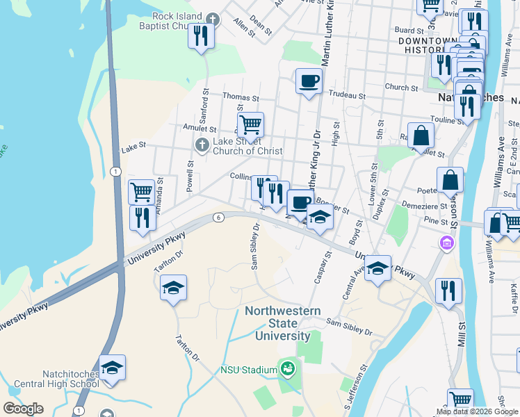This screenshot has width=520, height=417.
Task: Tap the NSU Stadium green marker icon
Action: click(286, 368)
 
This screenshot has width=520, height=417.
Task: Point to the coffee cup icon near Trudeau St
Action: click(309, 81)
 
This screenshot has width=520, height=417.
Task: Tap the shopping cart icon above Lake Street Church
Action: click(250, 125)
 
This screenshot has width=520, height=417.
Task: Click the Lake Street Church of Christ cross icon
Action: click(202, 145)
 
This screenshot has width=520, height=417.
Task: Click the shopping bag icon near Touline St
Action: click(421, 135)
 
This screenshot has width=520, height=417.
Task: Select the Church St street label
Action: click(400, 88)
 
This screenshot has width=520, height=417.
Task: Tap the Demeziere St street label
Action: click(423, 206)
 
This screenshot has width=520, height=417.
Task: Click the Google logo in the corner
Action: click(23, 409)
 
